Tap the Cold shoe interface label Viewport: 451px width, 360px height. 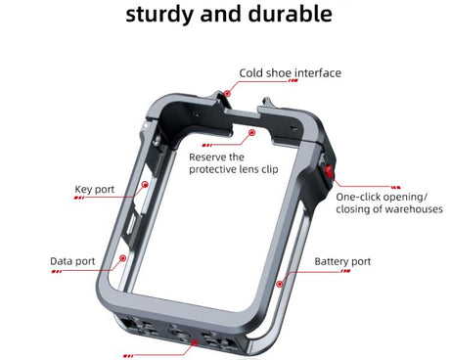click(291, 72)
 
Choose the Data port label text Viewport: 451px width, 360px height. click(72, 261)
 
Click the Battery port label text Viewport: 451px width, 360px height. click(342, 261)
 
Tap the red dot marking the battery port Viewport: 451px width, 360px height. click(281, 284)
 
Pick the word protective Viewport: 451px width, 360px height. click(213, 168)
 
